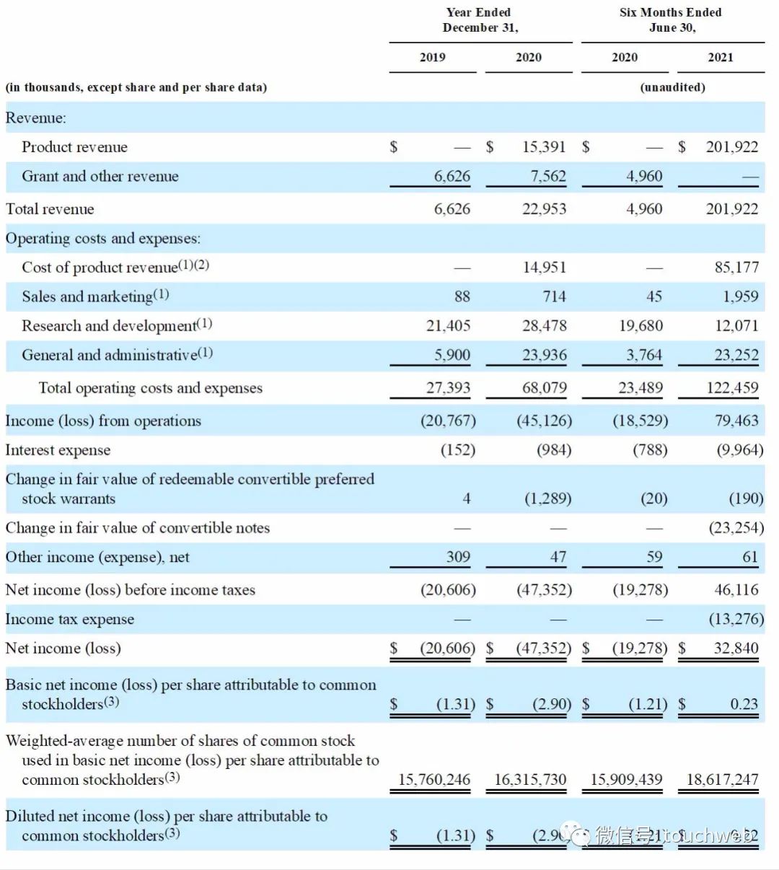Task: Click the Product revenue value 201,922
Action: point(731,147)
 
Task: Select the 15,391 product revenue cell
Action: point(544,147)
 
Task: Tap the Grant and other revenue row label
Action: point(100,177)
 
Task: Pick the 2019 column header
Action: point(432,58)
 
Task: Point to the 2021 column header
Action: point(720,58)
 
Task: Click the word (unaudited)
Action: point(672,87)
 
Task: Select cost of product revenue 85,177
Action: point(736,268)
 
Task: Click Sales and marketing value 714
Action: point(554,296)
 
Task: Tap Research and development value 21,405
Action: point(448,326)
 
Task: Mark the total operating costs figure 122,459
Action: point(732,388)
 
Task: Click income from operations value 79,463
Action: point(736,421)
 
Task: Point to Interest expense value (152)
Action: point(458,450)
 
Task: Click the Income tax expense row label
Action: point(69,620)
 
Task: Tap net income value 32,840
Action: point(736,648)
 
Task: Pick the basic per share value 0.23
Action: point(744,704)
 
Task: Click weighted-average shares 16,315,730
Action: point(530,780)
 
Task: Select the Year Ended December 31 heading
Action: point(480,20)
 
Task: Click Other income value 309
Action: point(457,557)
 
